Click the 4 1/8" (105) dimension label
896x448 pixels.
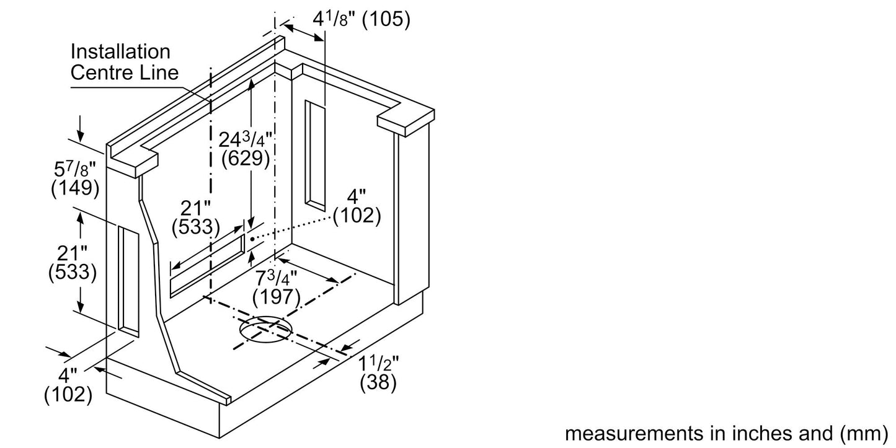(x=362, y=19)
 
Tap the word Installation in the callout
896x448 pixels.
(x=120, y=51)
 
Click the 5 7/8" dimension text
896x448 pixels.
(x=75, y=169)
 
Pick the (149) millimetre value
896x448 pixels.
(x=75, y=188)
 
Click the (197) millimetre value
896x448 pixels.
(x=277, y=297)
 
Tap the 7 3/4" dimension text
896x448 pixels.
(x=277, y=278)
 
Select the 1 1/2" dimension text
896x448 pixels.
(x=378, y=363)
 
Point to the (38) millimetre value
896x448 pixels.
(x=378, y=382)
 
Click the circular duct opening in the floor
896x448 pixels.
(x=265, y=330)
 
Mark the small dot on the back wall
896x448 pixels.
(x=252, y=239)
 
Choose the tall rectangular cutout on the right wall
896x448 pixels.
(x=315, y=156)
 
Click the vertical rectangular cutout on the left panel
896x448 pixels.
(x=128, y=281)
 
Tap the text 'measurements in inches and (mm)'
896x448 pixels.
(x=726, y=434)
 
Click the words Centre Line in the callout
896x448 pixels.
(x=125, y=72)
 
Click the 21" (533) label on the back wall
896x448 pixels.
(x=195, y=218)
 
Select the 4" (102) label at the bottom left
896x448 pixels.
(x=68, y=385)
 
